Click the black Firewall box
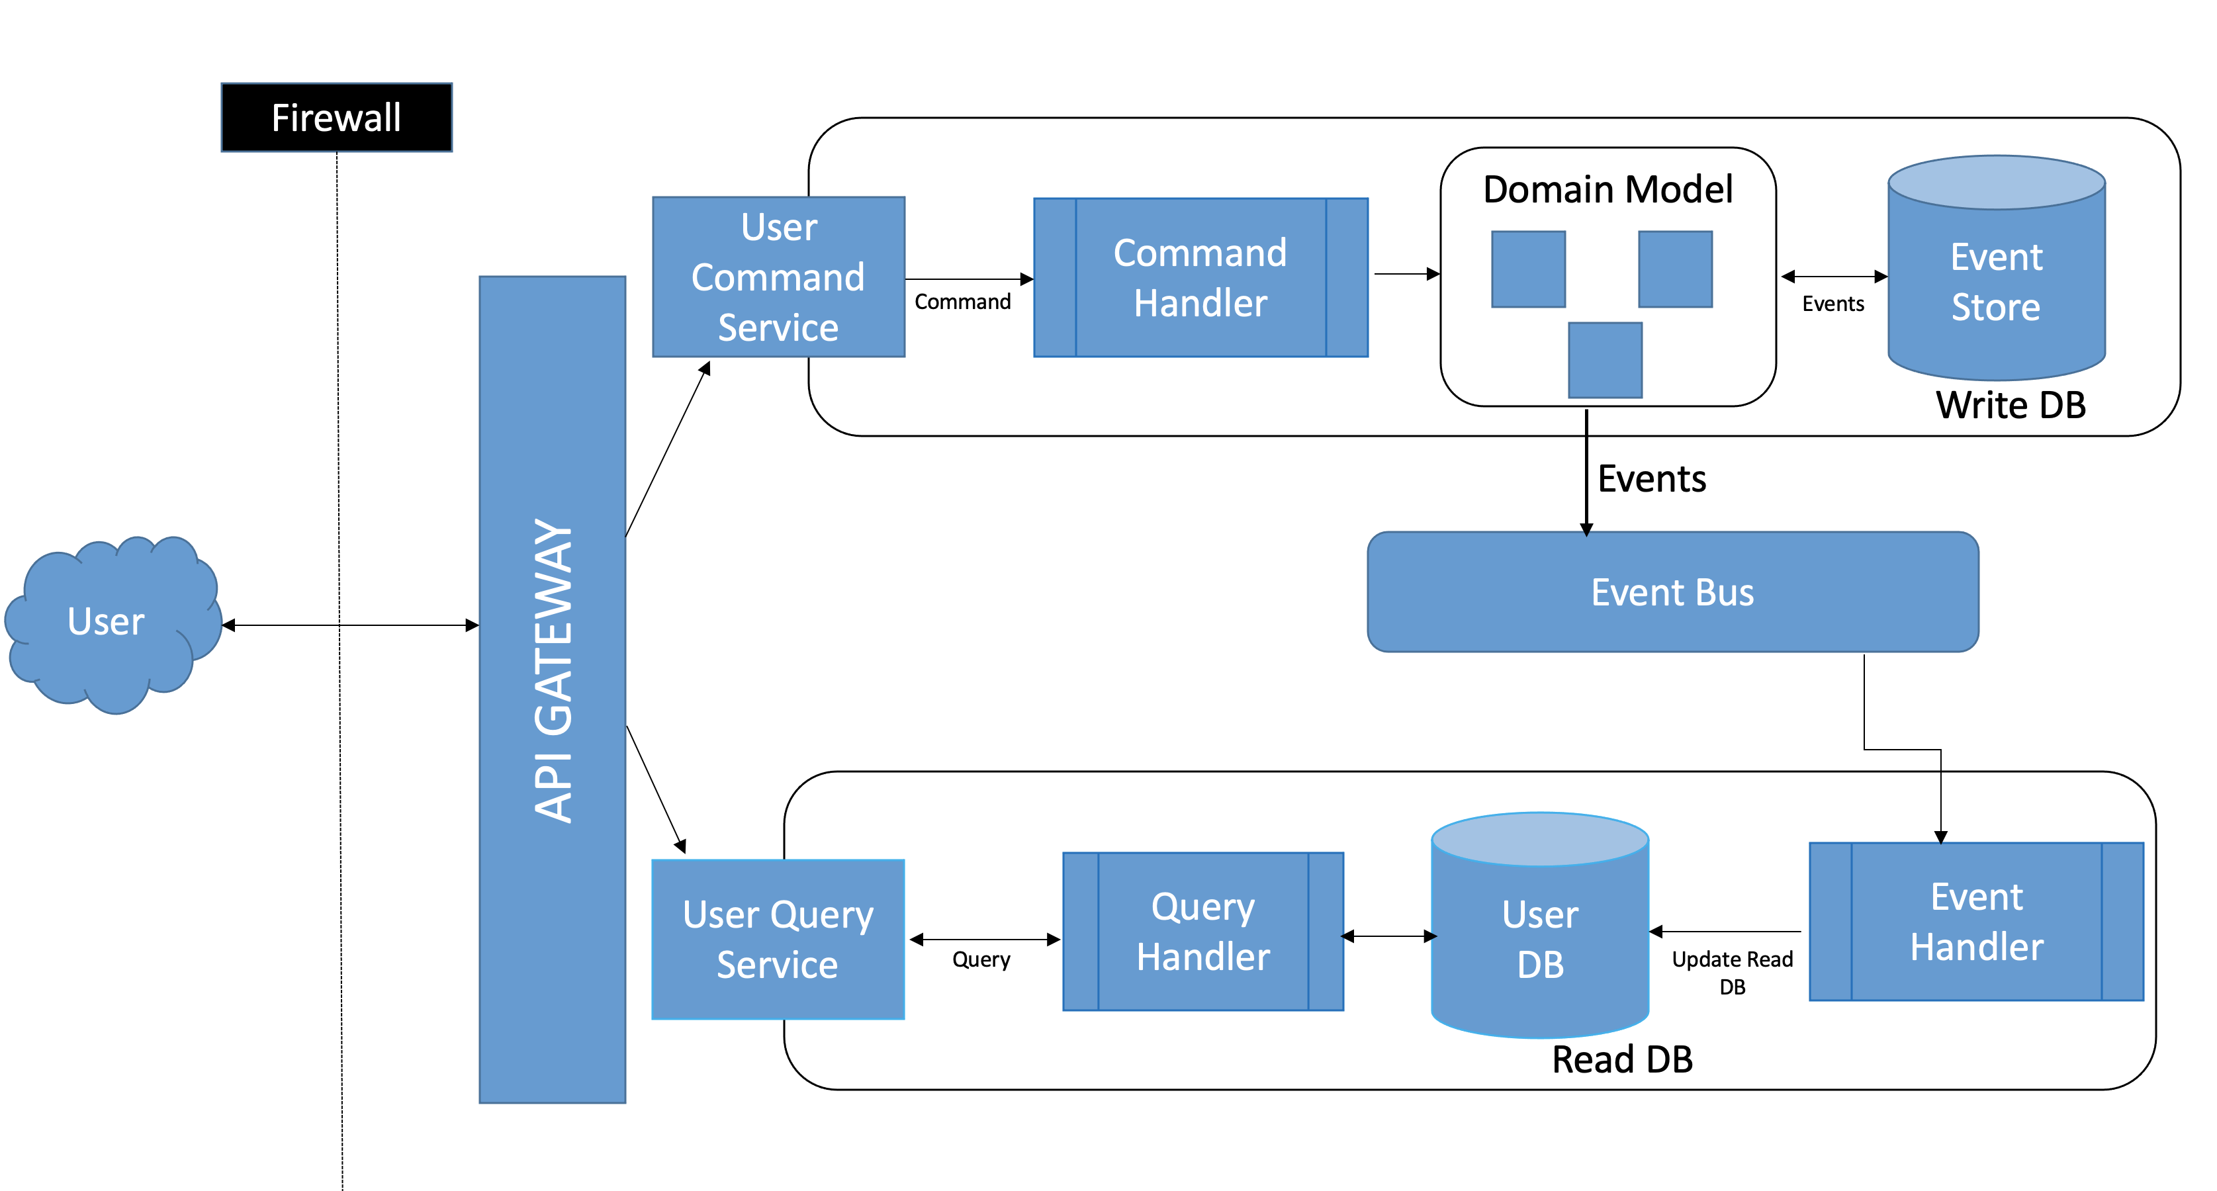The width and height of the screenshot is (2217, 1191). point(336,118)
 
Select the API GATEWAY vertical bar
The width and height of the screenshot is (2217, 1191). point(552,688)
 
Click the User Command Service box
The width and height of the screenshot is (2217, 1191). point(778,277)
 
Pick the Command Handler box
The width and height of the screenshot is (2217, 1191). point(1200,277)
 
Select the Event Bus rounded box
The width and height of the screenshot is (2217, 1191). point(1672,592)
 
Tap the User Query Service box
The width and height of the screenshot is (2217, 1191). point(778,939)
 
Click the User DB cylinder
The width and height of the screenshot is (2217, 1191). point(1540,938)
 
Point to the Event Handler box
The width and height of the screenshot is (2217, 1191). point(1976,922)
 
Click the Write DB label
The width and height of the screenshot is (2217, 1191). point(2011,406)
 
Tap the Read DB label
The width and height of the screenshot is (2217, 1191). point(1622,1059)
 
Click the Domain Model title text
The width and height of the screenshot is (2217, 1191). point(1607,189)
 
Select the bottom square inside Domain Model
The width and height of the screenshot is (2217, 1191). point(1605,360)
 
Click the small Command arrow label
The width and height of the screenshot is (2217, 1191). point(962,302)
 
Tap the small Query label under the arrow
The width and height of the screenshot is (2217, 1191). point(981,959)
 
